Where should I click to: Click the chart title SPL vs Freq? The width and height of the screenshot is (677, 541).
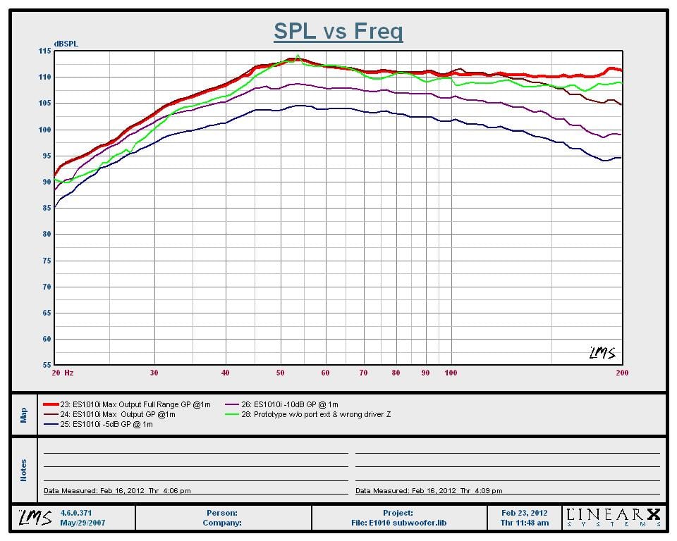coord(338,31)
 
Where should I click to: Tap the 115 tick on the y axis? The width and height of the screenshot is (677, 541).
coord(44,51)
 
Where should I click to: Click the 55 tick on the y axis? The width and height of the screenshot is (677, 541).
coord(44,366)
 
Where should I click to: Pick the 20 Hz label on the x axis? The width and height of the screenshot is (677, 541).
coord(63,373)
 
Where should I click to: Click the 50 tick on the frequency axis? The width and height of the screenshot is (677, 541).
coord(280,373)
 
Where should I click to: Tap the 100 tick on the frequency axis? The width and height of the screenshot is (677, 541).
coord(451,373)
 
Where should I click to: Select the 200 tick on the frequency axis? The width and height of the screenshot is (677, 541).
coord(622,373)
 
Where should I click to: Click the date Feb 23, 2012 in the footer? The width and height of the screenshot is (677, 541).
coord(524,513)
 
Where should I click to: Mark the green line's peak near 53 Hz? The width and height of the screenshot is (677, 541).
coord(298,55)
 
